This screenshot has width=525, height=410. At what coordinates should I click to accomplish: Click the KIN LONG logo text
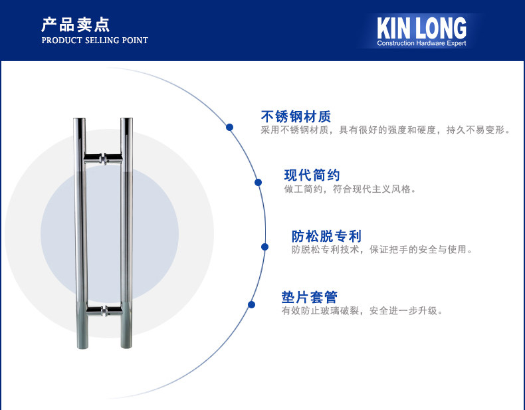click(421, 27)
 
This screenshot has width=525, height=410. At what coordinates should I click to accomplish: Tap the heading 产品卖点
click(75, 25)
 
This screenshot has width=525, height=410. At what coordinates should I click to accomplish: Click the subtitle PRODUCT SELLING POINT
click(94, 41)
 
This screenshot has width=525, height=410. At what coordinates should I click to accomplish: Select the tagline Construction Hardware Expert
click(421, 43)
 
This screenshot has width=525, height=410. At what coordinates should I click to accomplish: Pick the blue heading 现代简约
click(312, 175)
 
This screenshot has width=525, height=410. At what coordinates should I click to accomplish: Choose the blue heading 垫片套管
click(309, 297)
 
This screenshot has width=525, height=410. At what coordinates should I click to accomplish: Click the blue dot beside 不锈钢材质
click(229, 127)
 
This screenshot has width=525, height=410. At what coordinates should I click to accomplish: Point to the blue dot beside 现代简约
click(258, 182)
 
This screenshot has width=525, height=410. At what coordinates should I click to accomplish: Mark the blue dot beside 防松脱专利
click(264, 247)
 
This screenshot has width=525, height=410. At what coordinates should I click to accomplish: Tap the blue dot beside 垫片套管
click(251, 305)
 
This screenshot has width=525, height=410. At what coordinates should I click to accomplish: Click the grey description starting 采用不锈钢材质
click(385, 130)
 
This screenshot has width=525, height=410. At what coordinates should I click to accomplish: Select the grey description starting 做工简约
click(350, 189)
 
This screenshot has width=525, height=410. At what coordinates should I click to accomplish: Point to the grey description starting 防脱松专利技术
click(382, 250)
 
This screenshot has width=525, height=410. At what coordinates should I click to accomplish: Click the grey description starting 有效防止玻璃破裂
click(362, 310)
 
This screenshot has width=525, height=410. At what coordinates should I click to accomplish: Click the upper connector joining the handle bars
click(103, 159)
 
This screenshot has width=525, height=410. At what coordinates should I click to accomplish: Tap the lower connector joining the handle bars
click(103, 310)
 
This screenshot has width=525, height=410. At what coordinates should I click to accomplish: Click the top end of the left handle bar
click(80, 121)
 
